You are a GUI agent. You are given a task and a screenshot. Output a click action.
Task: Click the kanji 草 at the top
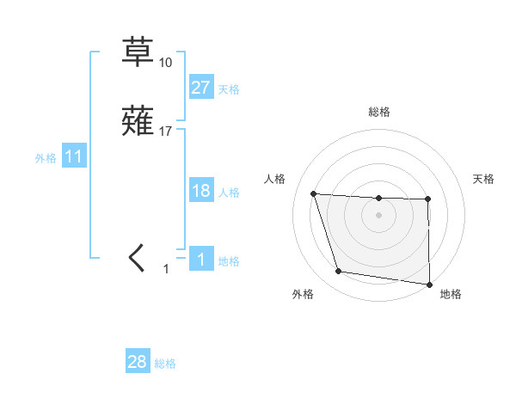137,52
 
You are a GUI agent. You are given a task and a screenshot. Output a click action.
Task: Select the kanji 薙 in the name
137,121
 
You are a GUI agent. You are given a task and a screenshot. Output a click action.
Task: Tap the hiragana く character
137,257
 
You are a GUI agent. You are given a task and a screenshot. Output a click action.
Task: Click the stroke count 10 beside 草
166,63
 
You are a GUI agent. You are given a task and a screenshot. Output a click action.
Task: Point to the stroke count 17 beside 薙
166,132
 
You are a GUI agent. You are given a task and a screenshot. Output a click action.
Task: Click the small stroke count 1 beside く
167,269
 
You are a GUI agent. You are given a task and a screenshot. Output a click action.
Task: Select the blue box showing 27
200,87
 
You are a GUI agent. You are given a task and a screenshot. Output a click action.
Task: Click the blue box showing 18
200,190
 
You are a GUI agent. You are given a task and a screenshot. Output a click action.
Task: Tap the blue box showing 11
74,156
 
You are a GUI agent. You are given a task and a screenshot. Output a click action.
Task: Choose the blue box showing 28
138,362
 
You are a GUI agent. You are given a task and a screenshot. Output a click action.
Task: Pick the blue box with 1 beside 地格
200,260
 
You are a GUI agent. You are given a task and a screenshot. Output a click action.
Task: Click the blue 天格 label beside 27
229,89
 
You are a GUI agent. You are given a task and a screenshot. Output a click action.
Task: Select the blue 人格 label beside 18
229,192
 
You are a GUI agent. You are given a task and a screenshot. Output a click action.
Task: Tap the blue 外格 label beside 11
46,158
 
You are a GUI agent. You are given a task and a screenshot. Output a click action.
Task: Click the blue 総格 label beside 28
165,364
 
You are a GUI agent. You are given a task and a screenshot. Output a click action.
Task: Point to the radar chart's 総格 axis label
378,112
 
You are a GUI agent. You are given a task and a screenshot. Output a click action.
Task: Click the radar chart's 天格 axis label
484,179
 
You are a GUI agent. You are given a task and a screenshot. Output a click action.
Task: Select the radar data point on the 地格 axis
429,284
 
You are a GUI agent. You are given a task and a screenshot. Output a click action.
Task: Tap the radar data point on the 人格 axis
314,193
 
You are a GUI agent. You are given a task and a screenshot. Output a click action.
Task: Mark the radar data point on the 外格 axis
339,272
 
